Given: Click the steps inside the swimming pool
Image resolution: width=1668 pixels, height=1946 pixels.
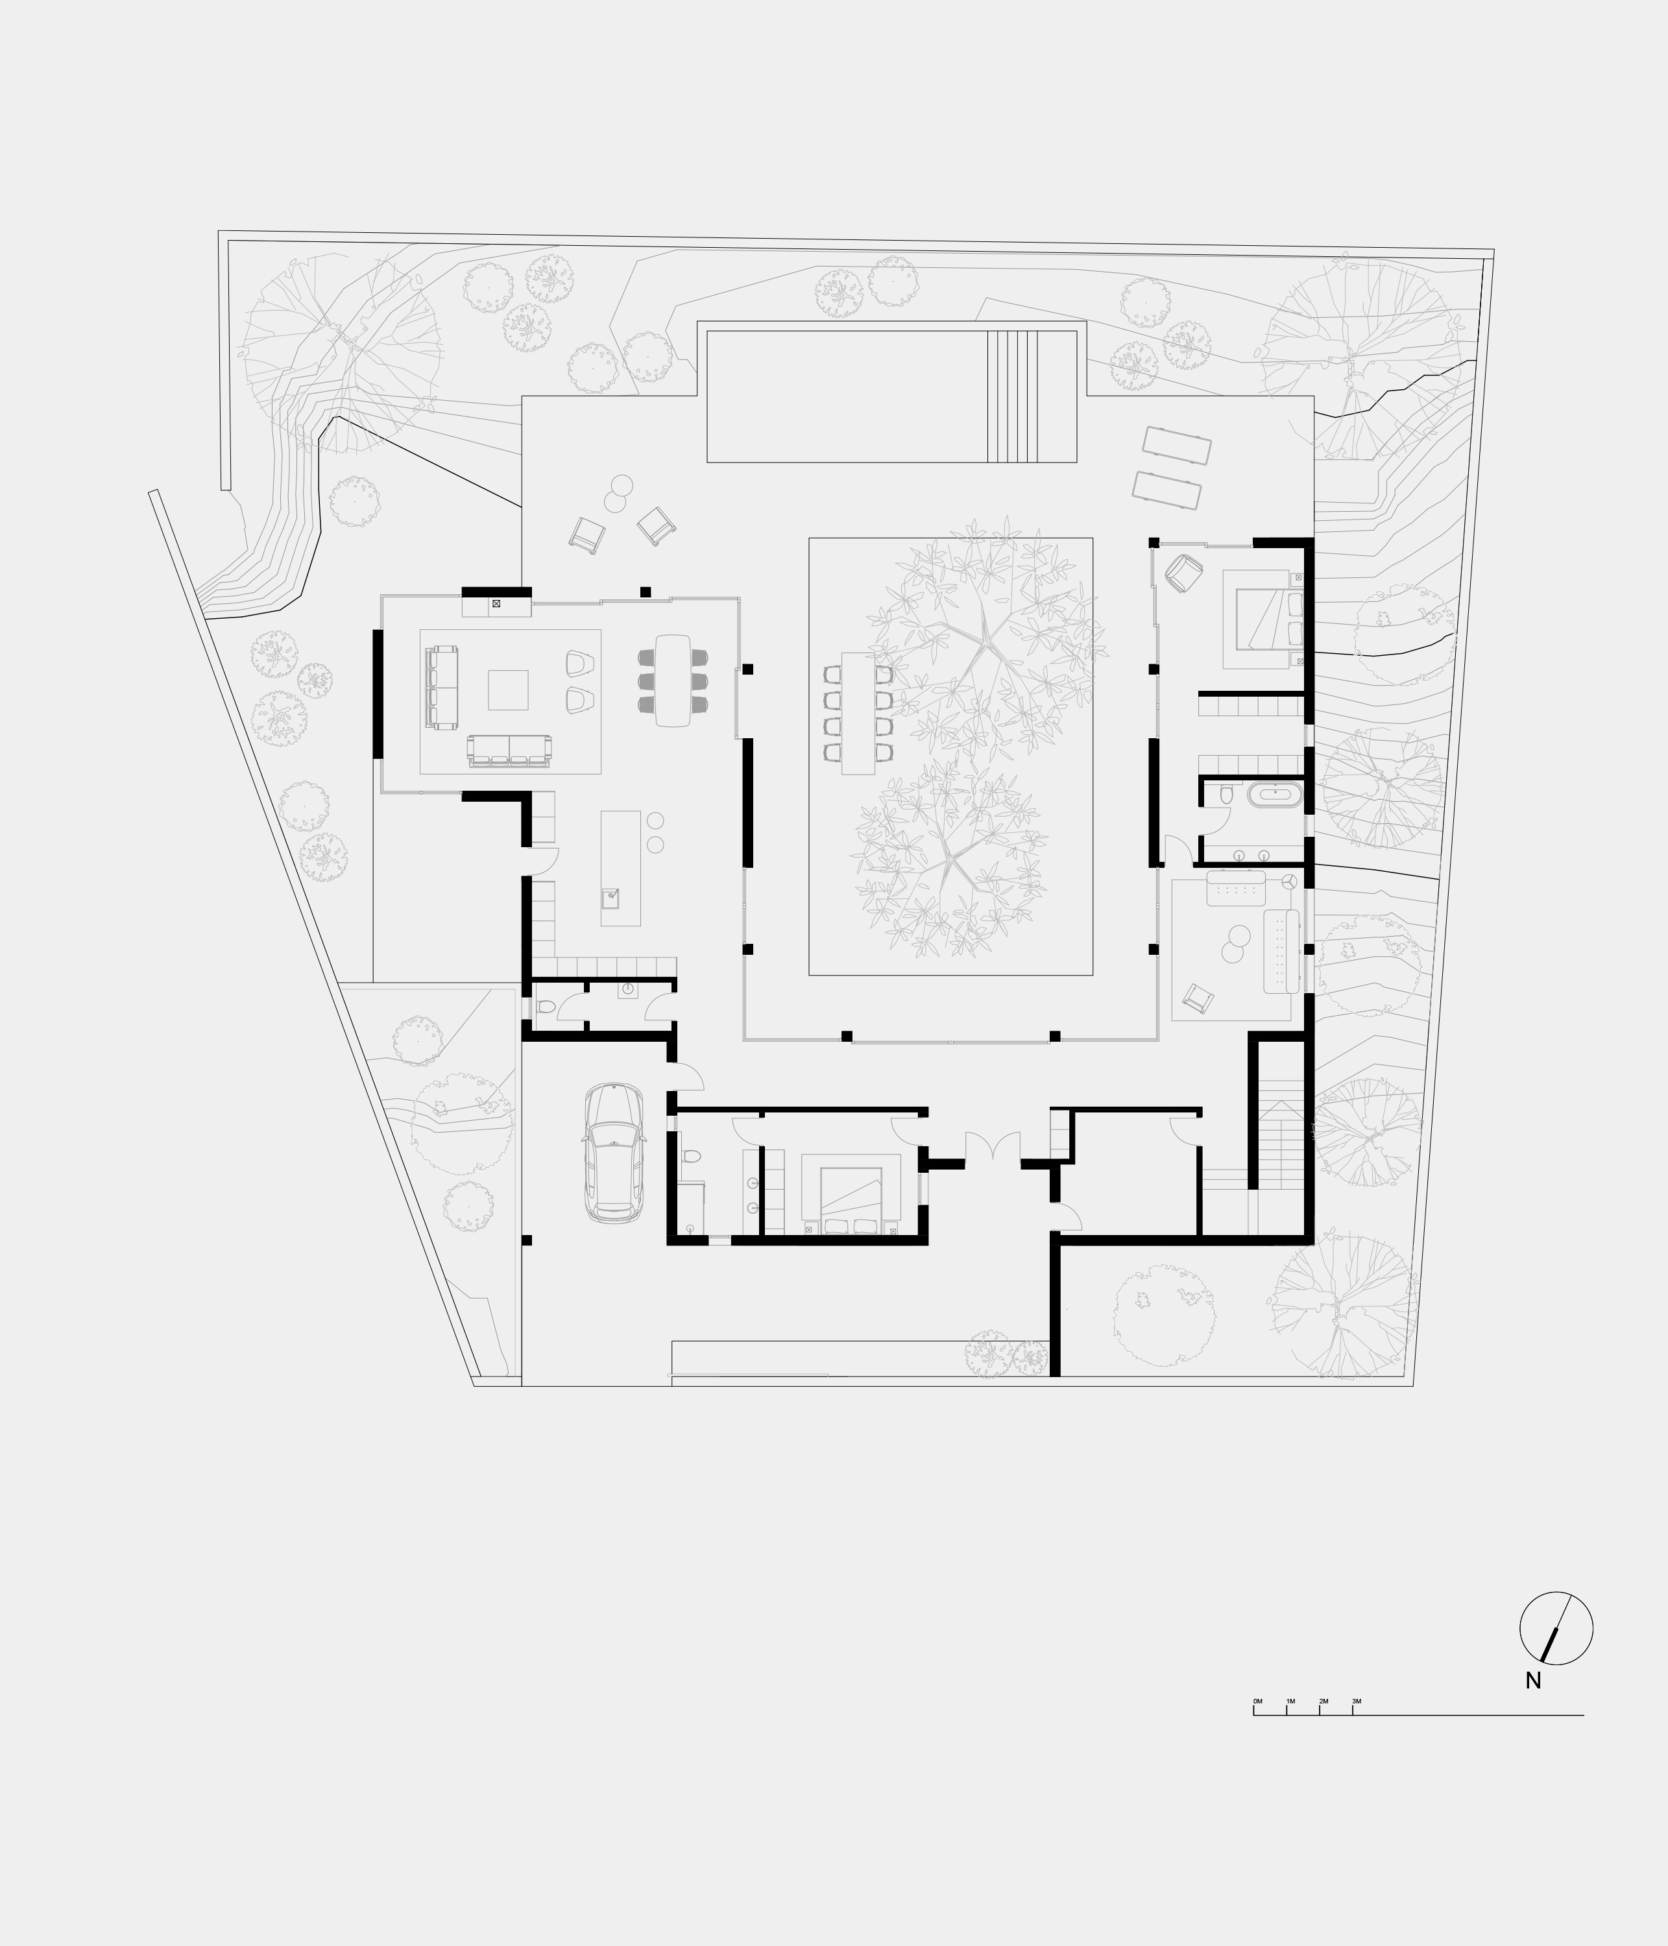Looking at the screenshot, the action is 1013,396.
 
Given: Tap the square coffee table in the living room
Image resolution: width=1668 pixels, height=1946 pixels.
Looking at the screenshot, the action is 508,690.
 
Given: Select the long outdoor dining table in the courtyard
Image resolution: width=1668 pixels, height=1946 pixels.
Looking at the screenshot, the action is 858,713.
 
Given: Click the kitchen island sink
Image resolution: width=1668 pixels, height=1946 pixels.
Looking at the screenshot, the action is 611,897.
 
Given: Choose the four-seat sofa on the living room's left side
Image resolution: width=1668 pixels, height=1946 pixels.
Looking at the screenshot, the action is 442,688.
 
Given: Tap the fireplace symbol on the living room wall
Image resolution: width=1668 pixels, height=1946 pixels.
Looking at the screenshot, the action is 496,604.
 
